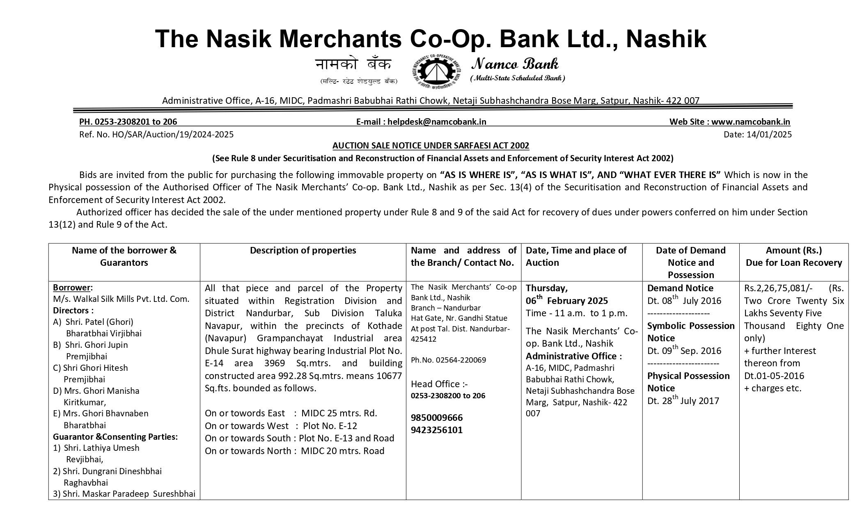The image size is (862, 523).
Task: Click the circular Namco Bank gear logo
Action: pyautogui.click(x=436, y=73)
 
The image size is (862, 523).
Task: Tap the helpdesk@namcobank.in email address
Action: pyautogui.click(x=437, y=122)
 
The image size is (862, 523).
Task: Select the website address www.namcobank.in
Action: pyautogui.click(x=750, y=122)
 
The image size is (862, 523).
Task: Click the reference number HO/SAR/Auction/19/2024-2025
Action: pyautogui.click(x=172, y=135)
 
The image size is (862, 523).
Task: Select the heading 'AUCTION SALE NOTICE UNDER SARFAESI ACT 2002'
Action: pyautogui.click(x=431, y=146)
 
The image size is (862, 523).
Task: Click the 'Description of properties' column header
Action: pyautogui.click(x=303, y=251)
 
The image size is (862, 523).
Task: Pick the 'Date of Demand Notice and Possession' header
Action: pyautogui.click(x=691, y=263)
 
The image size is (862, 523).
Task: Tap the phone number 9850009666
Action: pyautogui.click(x=437, y=418)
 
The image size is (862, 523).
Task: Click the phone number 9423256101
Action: pyautogui.click(x=437, y=430)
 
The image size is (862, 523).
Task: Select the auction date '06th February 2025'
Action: pyautogui.click(x=566, y=301)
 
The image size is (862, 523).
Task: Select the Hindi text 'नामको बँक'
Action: pyautogui.click(x=353, y=65)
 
